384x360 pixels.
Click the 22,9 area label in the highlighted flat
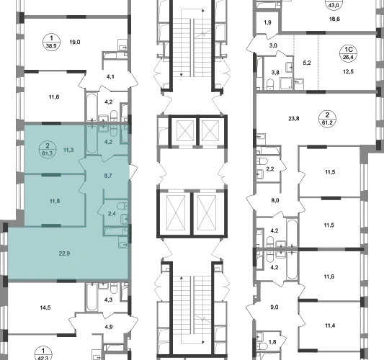[64, 253]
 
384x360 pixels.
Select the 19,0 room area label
[75, 42]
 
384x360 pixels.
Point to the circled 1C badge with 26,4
[348, 53]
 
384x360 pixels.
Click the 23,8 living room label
[294, 119]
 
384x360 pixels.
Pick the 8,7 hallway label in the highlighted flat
[108, 176]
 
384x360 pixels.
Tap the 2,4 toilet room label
[112, 214]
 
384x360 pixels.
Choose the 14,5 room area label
[45, 307]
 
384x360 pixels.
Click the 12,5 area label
[348, 72]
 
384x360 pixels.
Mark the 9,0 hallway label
[274, 307]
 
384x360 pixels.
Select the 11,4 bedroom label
[330, 325]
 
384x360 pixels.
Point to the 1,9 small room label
[267, 22]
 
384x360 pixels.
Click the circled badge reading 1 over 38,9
[51, 42]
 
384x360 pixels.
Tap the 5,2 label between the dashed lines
[307, 63]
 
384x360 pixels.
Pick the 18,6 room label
[334, 19]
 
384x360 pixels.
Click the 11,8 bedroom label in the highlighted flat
[55, 201]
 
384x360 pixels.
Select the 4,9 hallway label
[109, 327]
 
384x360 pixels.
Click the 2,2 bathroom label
[270, 169]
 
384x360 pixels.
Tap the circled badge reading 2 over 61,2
[327, 119]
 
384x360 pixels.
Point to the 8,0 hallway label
[275, 200]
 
